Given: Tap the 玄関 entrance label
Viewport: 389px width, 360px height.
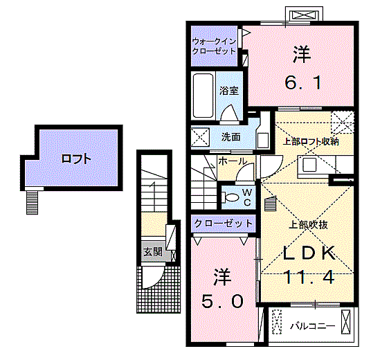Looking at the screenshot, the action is [153, 252].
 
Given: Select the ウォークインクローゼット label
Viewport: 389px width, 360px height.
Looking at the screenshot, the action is [214, 46].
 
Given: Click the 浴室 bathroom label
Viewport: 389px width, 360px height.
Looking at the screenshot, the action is [228, 91].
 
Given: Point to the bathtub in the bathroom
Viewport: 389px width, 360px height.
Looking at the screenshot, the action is [203, 96].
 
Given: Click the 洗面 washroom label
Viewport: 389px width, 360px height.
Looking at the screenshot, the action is [230, 137].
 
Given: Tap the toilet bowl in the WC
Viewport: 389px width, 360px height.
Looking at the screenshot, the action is [231, 197].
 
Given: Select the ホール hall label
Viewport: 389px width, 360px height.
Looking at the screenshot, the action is [233, 161].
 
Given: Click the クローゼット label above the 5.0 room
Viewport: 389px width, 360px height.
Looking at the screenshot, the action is [224, 224].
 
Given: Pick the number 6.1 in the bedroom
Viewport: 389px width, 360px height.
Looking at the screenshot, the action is [303, 83].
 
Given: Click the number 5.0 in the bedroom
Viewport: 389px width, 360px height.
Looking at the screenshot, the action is [222, 302].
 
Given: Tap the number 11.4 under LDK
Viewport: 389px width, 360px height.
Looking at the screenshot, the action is [309, 277].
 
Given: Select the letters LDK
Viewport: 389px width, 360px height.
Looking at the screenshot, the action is [309, 253].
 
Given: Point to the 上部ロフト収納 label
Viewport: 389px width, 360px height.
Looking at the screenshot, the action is [311, 142].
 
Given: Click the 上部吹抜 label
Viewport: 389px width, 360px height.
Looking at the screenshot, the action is [309, 225].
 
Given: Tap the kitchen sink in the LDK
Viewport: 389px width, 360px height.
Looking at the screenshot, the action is [309, 165].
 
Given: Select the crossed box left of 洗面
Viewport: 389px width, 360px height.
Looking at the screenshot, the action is [200, 137].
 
